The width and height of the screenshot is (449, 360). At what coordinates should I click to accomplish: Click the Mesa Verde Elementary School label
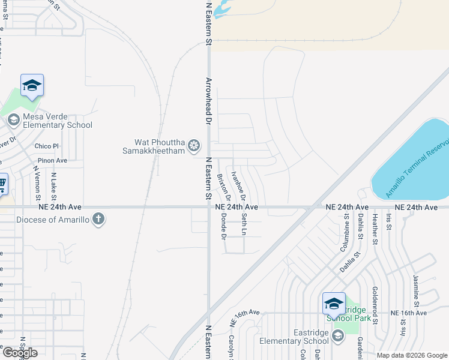[58, 121]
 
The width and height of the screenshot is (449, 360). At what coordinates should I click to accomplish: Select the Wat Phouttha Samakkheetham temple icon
[194, 145]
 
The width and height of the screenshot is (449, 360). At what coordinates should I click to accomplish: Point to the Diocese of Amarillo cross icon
[99, 220]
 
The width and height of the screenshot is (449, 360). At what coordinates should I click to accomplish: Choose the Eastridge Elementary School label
[295, 336]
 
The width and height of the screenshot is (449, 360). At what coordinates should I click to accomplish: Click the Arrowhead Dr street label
[209, 100]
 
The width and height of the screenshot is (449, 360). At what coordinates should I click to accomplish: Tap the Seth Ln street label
[244, 224]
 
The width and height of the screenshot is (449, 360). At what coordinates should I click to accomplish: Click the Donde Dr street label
[223, 225]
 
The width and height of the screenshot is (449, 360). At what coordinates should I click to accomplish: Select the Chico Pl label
[47, 146]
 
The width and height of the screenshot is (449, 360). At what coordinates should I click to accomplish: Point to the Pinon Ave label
[52, 161]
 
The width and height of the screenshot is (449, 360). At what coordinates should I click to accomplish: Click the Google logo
[20, 353]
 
